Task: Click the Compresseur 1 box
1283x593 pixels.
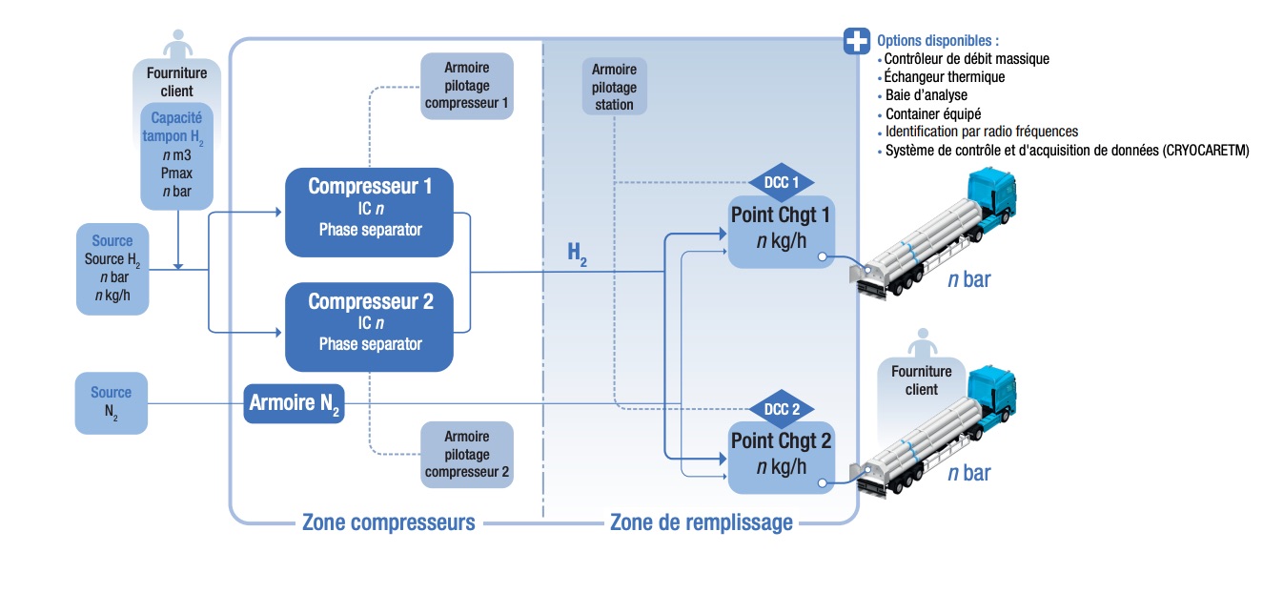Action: click(370, 212)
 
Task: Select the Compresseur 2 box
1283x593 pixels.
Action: click(370, 326)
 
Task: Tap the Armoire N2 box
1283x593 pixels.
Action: click(294, 404)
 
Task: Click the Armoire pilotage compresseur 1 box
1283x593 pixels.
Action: click(467, 86)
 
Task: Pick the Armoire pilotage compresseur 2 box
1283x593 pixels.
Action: click(467, 454)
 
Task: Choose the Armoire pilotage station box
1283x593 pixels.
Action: click(614, 86)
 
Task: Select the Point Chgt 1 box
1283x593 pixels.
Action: click(781, 232)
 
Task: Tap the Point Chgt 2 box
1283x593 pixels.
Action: click(781, 457)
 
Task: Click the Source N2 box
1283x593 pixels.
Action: click(112, 403)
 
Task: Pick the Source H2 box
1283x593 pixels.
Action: click(112, 269)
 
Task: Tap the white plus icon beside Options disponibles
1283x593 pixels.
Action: click(856, 41)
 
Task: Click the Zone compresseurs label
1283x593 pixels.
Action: click(388, 522)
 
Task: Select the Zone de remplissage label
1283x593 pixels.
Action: click(701, 522)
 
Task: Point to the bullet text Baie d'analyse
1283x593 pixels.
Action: click(926, 95)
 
